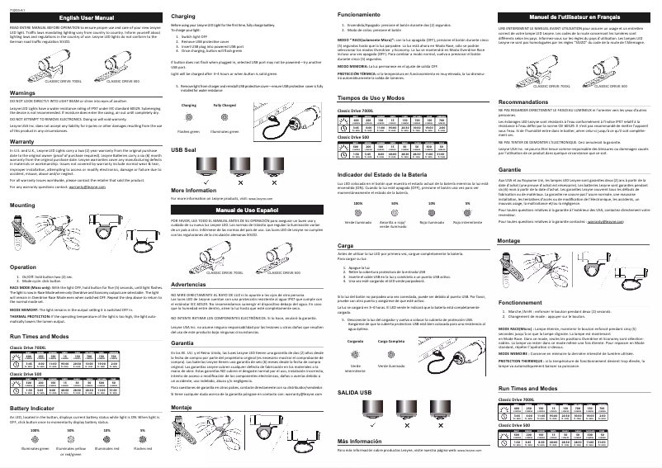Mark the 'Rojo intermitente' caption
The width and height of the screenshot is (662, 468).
point(469,223)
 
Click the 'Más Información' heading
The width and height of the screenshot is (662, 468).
point(361,442)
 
